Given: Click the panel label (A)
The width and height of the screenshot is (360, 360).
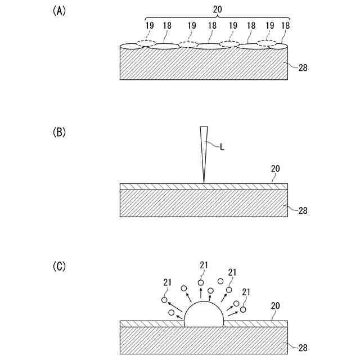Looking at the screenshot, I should [x=59, y=11].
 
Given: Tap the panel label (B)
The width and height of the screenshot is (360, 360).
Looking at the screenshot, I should [x=59, y=133].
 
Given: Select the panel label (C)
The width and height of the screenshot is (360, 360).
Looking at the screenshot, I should [x=59, y=265].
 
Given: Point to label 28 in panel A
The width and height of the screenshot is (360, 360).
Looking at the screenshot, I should [x=303, y=67].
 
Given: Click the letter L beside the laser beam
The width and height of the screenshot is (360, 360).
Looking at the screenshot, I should [x=223, y=147].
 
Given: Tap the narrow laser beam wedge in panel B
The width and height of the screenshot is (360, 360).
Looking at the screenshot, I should [x=203, y=152].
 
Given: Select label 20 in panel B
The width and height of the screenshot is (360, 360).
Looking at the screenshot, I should [x=276, y=168].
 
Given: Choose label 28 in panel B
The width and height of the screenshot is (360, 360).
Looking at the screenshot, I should [x=303, y=211].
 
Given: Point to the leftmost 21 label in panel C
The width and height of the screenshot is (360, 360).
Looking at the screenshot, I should [x=167, y=282].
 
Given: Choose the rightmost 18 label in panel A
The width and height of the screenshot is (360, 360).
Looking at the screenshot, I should [x=285, y=25].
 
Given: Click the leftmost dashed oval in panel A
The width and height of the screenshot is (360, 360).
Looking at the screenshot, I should [x=147, y=43].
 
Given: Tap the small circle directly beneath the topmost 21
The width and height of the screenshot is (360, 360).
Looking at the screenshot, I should [x=201, y=282].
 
